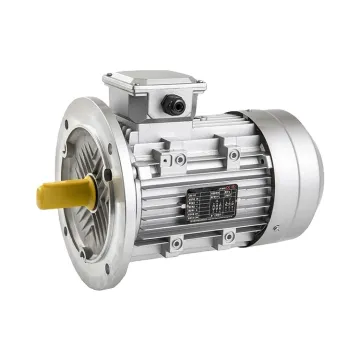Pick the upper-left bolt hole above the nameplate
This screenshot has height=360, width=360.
pyautogui.click(x=180, y=159)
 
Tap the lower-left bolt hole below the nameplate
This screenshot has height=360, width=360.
pyautogui.click(x=177, y=243)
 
